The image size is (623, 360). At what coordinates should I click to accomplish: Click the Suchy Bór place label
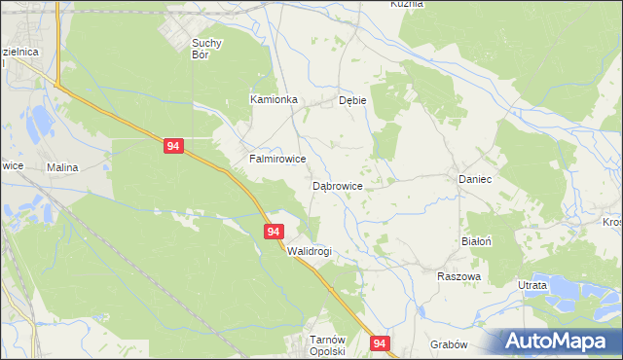tap(208, 49)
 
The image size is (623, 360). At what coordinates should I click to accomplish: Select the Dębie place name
tap(351, 100)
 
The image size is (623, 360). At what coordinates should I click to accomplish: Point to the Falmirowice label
tap(278, 159)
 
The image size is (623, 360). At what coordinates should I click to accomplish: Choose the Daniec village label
tap(474, 180)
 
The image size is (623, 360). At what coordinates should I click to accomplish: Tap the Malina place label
tap(61, 167)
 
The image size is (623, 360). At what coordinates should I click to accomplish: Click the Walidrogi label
tap(310, 251)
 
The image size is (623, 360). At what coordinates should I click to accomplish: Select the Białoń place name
tap(476, 239)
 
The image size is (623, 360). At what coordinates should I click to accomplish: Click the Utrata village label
tap(532, 284)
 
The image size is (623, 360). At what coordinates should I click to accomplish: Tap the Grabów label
tap(449, 344)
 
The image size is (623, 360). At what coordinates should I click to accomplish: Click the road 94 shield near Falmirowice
tap(173, 146)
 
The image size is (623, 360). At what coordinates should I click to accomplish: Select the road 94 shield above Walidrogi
tap(274, 232)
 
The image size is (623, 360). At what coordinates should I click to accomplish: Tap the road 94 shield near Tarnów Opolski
tap(380, 343)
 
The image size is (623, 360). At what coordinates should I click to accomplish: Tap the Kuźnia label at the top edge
tap(407, 4)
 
